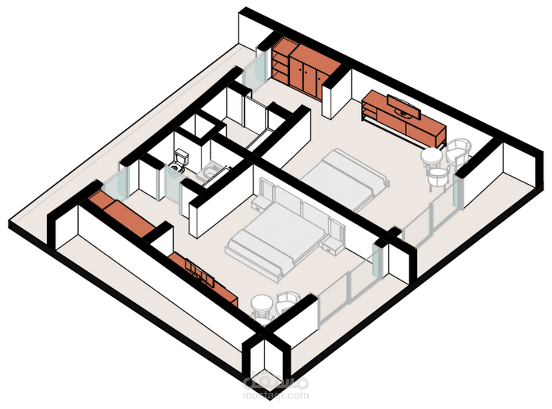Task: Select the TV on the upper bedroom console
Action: [x=403, y=108]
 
